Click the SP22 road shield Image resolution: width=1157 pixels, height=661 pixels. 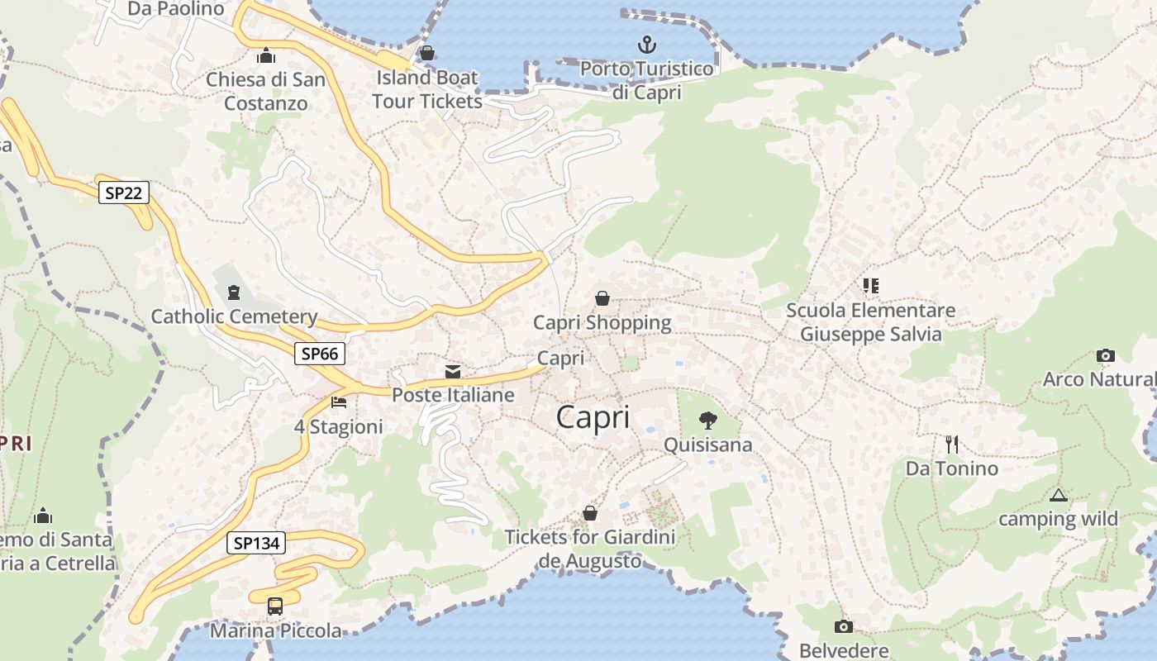[124, 193]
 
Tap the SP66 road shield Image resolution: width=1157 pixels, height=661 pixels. [320, 354]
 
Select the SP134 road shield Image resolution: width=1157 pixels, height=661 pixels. [256, 543]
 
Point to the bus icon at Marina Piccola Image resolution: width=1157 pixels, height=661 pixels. [275, 606]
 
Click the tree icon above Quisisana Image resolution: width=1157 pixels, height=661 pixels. [707, 421]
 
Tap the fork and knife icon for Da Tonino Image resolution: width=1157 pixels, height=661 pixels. [952, 445]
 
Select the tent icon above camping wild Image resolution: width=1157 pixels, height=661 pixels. [1058, 496]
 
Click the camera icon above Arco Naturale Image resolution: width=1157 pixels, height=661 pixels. [1106, 356]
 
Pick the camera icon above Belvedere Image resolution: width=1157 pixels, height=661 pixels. [843, 627]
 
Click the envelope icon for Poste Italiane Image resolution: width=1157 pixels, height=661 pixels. [453, 372]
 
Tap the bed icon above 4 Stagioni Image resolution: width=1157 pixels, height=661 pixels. [339, 402]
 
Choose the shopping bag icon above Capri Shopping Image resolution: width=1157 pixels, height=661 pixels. [602, 298]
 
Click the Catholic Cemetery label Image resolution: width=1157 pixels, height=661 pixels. [234, 316]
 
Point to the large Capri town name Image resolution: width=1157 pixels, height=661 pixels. [593, 417]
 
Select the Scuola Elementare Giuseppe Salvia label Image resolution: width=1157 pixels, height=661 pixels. [870, 322]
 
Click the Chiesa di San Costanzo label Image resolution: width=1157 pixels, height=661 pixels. [266, 92]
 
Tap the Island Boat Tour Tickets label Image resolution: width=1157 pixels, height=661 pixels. [427, 89]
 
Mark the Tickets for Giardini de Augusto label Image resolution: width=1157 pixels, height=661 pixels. [590, 549]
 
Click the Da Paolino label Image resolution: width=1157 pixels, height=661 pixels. [176, 9]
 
